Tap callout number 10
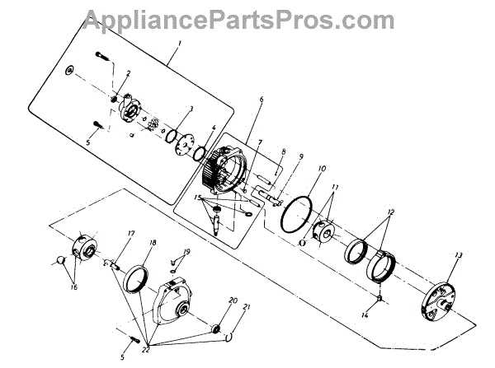tap(320, 168)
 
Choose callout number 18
tap(152, 244)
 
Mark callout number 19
tap(187, 251)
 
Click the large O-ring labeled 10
tap(293, 216)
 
